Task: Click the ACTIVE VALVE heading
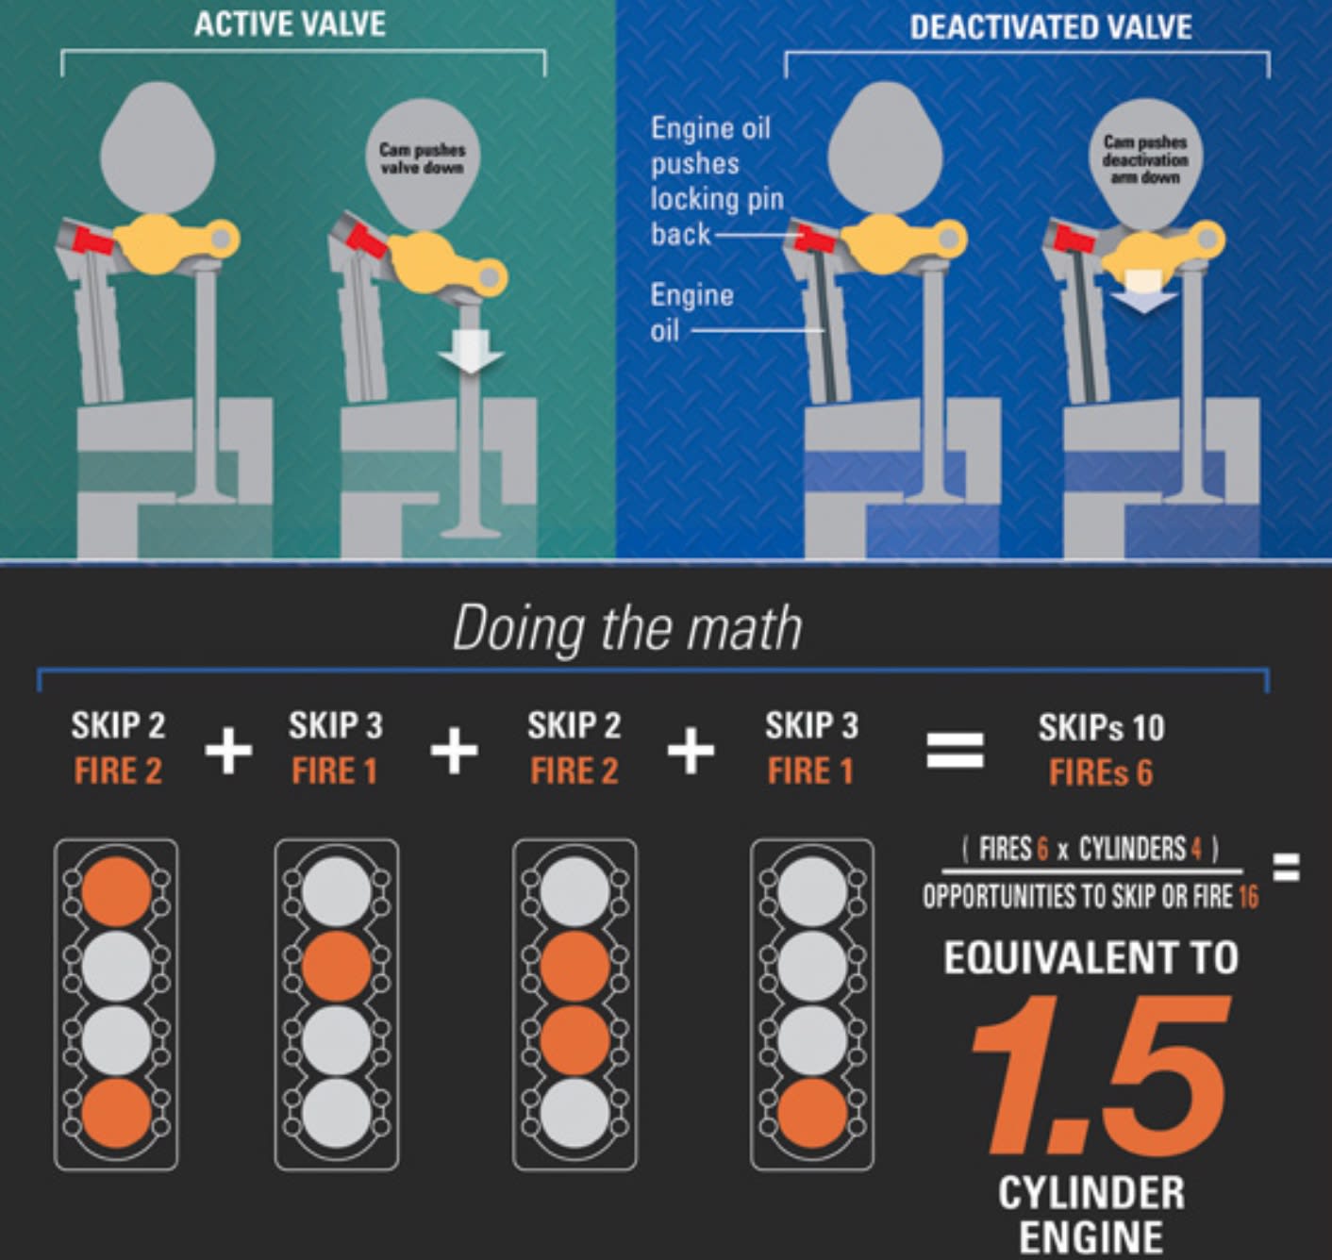tap(290, 25)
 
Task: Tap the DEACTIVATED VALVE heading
tap(1051, 27)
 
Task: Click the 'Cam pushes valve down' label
tap(422, 157)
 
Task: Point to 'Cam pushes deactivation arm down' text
tap(1145, 160)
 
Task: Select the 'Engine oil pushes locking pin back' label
tap(717, 181)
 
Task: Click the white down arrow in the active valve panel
tap(472, 352)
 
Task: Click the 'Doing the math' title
tap(627, 629)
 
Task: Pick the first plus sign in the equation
tap(228, 750)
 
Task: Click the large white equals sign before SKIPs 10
tap(956, 750)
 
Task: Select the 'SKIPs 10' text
tap(1102, 727)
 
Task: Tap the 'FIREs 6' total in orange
tap(1101, 772)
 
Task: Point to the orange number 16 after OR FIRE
tap(1248, 897)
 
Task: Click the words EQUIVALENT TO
tap(1091, 958)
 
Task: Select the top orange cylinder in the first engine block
tap(117, 891)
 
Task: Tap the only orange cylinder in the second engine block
tap(337, 966)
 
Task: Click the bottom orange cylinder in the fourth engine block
tap(812, 1114)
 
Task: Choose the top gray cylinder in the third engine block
tap(574, 891)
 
